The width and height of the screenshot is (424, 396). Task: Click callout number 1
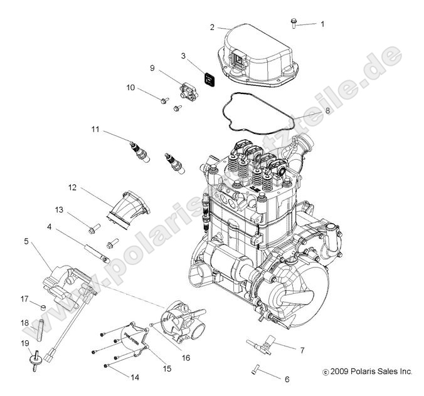pos(322,24)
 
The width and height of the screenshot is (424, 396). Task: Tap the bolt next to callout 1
pos(294,23)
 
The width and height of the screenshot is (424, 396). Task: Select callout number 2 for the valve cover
pos(212,28)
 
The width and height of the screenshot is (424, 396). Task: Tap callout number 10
pos(131,88)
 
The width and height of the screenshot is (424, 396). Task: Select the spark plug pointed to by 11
pos(142,153)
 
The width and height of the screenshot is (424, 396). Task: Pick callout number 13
pos(77,209)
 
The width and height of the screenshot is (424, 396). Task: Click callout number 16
pos(186,357)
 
